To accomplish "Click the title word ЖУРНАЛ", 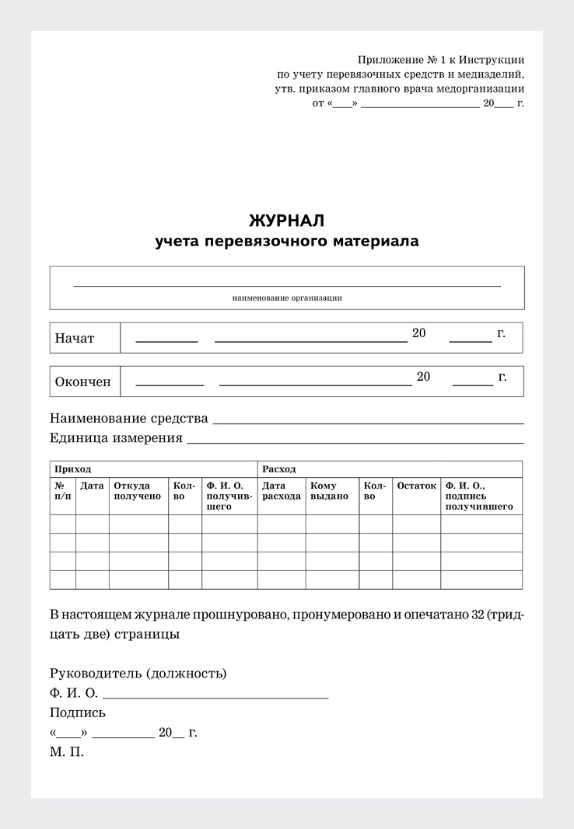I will (x=286, y=220).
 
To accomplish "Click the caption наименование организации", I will (x=287, y=298).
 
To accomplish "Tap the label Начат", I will (x=75, y=339).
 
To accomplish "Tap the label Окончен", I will (x=83, y=382).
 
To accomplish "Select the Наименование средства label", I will (x=129, y=419).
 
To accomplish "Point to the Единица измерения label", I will (x=117, y=438).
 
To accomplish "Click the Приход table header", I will (x=72, y=469).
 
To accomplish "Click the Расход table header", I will (x=279, y=469).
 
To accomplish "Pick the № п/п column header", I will (x=63, y=491).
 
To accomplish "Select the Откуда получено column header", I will (x=138, y=491).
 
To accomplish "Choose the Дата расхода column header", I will (x=282, y=491).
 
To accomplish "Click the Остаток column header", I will (x=416, y=486).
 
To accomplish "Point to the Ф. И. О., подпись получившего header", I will (x=479, y=496).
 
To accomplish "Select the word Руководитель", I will (x=95, y=673).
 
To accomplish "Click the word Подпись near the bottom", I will (x=78, y=712).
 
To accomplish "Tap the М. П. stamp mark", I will (x=66, y=752).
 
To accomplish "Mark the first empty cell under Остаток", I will (x=416, y=524).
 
